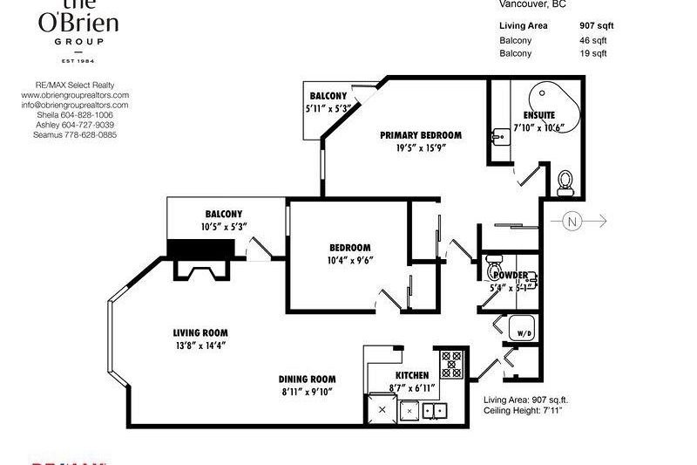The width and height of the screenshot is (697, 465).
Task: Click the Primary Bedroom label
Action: coord(420,135)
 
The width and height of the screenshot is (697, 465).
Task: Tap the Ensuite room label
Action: coord(539,115)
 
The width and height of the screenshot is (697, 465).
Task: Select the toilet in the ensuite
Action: coord(565,182)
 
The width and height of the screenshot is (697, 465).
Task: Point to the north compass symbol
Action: coord(572,221)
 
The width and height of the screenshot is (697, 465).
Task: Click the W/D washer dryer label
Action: coord(524,332)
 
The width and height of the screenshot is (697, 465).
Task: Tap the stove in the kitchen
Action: coord(451,362)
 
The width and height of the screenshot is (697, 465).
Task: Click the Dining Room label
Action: coord(307,379)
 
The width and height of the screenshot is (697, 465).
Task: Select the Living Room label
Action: coord(200,332)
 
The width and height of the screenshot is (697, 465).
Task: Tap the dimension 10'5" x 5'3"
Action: coord(224,227)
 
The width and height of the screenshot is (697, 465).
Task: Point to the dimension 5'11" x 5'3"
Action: coord(327,109)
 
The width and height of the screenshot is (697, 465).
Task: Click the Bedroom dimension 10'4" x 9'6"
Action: coord(349,260)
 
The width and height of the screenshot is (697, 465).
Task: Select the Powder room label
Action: coord(510,276)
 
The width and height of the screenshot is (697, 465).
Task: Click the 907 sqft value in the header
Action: coord(597,26)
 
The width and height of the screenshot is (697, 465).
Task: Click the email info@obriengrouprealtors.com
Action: coord(74,105)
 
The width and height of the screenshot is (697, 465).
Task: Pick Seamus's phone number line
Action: coord(74,134)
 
